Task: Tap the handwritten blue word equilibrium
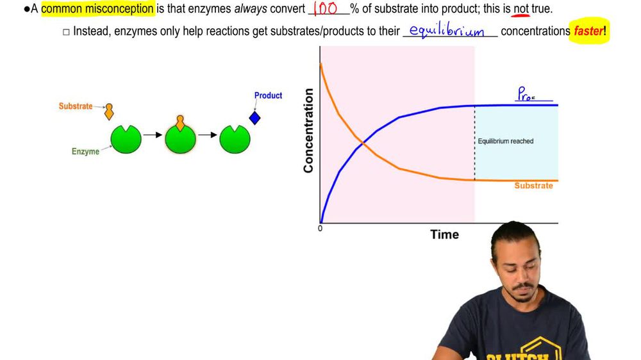(x=447, y=31)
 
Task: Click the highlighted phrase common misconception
(x=97, y=9)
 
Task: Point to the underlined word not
(x=521, y=9)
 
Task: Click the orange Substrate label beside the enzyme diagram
(x=76, y=106)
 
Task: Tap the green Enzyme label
(x=85, y=152)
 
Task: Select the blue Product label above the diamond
(x=268, y=95)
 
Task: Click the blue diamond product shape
(x=255, y=119)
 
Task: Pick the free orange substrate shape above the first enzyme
(x=109, y=111)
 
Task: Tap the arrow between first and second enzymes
(x=153, y=135)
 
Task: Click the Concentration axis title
(x=308, y=131)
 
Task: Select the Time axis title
(x=444, y=234)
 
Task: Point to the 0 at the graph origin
(x=320, y=229)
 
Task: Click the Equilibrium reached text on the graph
(x=506, y=141)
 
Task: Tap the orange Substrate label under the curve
(x=533, y=186)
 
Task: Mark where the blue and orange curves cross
(x=363, y=144)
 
